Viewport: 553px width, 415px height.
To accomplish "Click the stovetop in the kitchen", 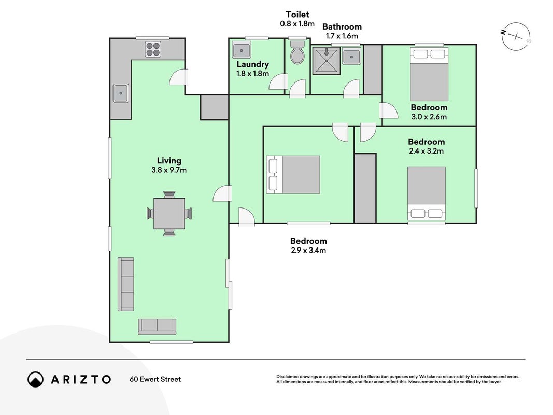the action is [x=153, y=49].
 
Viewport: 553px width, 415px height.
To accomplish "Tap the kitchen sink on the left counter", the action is [x=121, y=93].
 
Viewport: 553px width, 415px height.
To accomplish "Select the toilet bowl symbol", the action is [x=297, y=52].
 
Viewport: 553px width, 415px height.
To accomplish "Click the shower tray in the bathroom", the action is [x=327, y=61].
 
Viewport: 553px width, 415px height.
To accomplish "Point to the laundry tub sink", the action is [x=242, y=51].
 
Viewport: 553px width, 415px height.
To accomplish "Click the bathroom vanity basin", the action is [x=351, y=57].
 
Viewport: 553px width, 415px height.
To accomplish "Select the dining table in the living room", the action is [x=169, y=214].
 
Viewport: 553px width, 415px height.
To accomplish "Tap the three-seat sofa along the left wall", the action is [x=126, y=284].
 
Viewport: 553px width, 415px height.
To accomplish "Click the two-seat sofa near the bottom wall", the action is [x=157, y=326].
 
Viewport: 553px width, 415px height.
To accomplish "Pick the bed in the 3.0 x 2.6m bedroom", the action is [x=429, y=74].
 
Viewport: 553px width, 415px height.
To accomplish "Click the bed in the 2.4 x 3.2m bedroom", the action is [x=427, y=193].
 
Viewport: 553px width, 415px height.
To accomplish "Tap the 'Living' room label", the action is [x=169, y=161].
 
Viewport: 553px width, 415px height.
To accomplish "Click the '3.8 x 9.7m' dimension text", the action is [x=169, y=170].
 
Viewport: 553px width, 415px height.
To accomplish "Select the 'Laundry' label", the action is [x=252, y=64].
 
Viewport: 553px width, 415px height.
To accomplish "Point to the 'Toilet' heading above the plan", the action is [x=297, y=15].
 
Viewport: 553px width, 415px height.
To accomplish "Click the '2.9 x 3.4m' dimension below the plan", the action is [x=308, y=250].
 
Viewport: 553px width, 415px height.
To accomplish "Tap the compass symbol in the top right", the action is [x=516, y=36].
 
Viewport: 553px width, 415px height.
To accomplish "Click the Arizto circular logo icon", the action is [x=35, y=379].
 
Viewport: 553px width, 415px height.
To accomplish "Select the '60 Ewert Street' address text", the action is [x=155, y=379].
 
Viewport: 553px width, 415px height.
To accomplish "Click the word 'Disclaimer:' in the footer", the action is [x=288, y=377].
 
